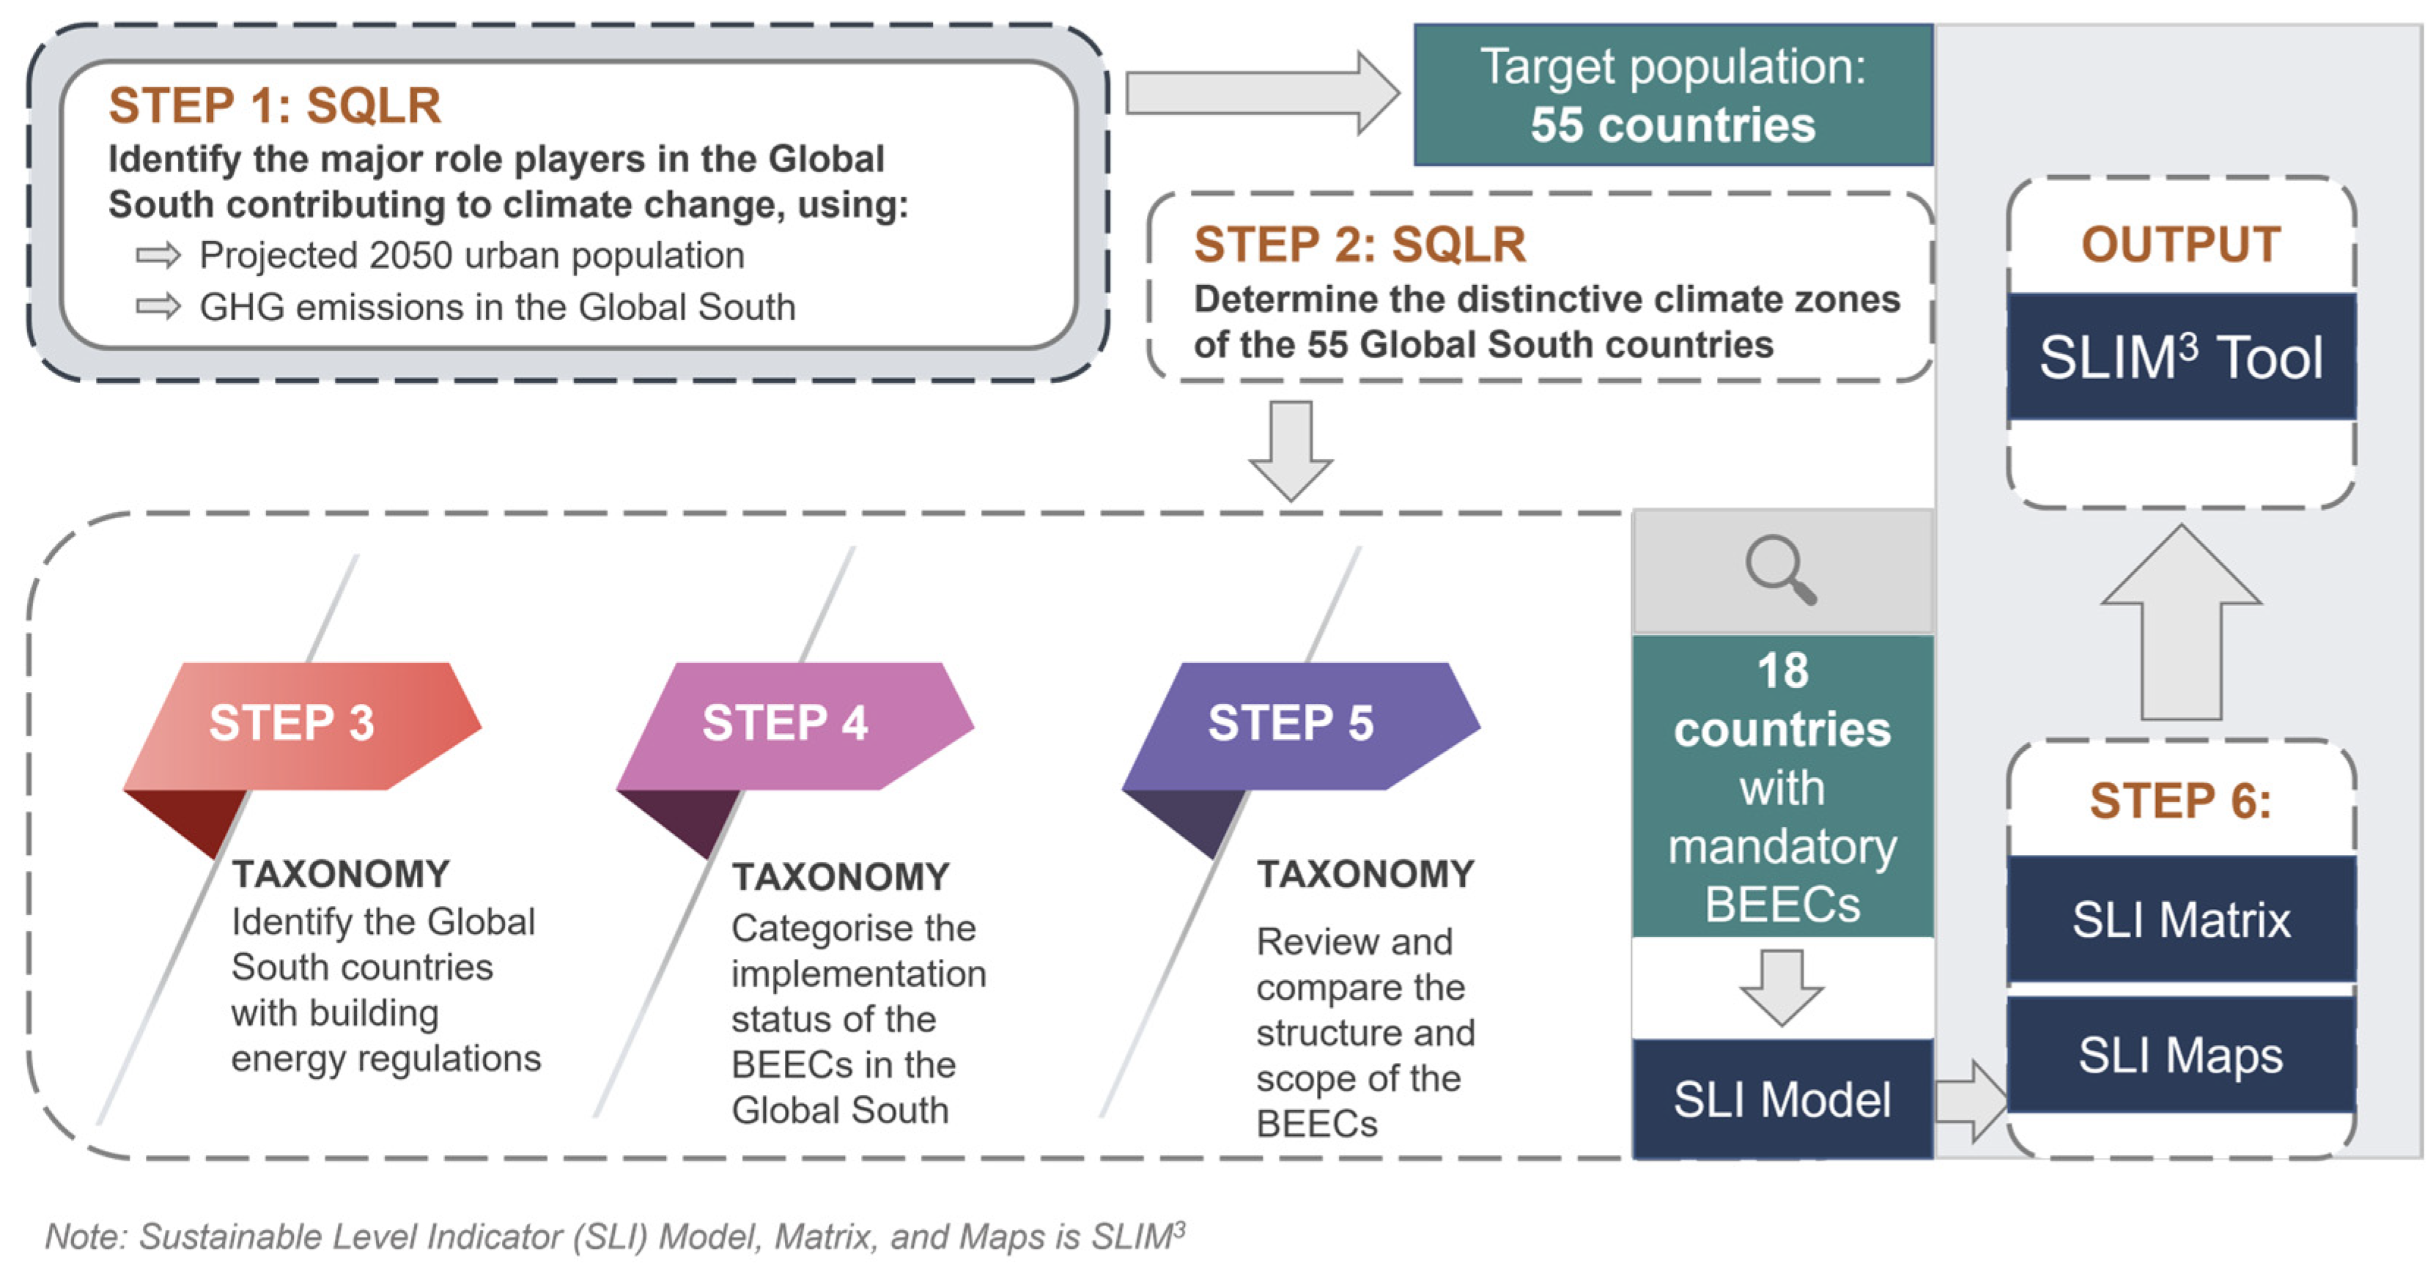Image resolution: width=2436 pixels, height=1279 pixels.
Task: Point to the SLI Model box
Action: click(x=1782, y=1099)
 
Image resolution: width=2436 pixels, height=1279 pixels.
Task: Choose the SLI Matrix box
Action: click(x=2181, y=919)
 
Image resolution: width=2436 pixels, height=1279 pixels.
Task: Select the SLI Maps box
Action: click(x=2181, y=1054)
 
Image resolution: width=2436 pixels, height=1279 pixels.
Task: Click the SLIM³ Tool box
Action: click(x=2181, y=357)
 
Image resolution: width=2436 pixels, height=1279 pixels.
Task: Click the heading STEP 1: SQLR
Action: click(x=274, y=105)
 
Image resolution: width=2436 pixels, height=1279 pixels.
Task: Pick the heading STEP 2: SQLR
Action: click(x=1360, y=244)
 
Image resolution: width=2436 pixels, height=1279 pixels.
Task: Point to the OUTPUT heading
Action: click(x=2181, y=244)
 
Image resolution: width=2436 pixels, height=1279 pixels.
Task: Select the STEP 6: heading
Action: click(x=2181, y=801)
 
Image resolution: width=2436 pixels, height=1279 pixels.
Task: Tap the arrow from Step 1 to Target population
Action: click(x=1263, y=92)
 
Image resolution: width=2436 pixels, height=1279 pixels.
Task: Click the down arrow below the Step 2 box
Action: click(x=1291, y=451)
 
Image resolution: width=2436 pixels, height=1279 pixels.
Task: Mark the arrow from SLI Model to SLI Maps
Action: click(x=1971, y=1101)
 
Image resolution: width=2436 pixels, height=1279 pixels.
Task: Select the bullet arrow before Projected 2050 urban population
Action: click(x=158, y=255)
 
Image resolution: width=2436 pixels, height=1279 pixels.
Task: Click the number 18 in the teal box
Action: click(x=1782, y=671)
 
